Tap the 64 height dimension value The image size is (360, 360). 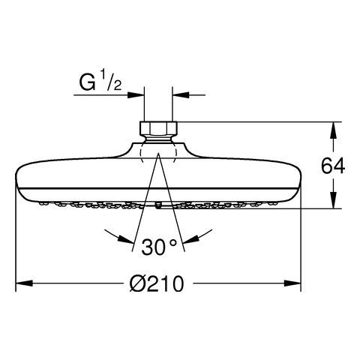coord(333,166)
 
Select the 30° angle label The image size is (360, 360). coord(159,247)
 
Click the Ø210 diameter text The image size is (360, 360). coord(157,283)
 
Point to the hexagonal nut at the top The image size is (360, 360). coord(158,128)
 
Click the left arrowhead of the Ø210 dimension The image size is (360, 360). coord(24,283)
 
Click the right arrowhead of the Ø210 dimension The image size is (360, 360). coord(292,283)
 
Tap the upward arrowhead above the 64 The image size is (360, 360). coord(333,130)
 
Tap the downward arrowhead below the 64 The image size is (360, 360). coord(333,200)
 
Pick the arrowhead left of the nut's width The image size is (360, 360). coord(136,95)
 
